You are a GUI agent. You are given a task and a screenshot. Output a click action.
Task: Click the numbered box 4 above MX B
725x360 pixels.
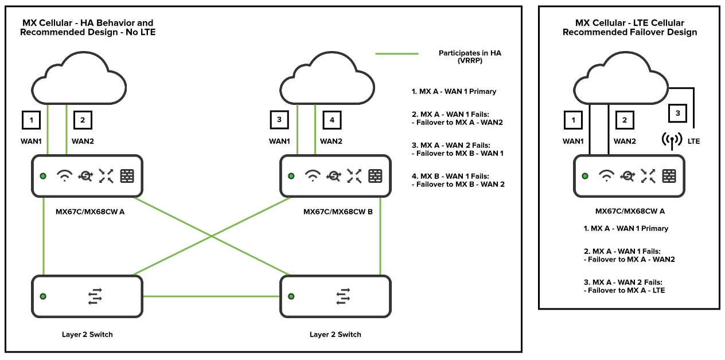pos(331,120)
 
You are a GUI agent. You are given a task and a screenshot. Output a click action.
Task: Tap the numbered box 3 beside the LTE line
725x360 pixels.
pos(677,114)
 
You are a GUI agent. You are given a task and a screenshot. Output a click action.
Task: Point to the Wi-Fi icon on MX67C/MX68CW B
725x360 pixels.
pos(313,176)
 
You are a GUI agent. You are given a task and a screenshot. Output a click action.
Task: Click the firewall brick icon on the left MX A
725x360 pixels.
pos(127,176)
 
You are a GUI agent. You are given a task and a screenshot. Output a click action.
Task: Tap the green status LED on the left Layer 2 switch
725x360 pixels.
pos(43,296)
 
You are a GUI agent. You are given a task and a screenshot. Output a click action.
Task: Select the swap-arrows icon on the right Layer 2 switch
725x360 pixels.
pos(343,296)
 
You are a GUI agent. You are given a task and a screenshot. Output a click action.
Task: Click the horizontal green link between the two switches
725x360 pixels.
pos(211,296)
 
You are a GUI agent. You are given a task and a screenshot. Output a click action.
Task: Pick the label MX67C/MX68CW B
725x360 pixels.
pos(338,212)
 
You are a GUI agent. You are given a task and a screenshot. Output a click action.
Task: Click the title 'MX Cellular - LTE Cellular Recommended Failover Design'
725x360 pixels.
pos(629,28)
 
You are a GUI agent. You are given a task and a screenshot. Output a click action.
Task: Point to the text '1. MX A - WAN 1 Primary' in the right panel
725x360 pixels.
pos(626,228)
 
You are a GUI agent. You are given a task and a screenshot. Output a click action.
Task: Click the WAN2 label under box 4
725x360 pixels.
pos(331,141)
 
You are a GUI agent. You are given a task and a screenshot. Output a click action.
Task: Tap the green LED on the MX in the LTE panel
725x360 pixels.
pos(584,176)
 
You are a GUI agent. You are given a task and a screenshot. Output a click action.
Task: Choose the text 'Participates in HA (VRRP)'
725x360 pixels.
pos(470,56)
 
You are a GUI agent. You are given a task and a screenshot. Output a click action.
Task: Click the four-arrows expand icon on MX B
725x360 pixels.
pos(354,176)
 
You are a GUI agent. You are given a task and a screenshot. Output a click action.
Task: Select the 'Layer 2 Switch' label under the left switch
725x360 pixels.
pos(87,334)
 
